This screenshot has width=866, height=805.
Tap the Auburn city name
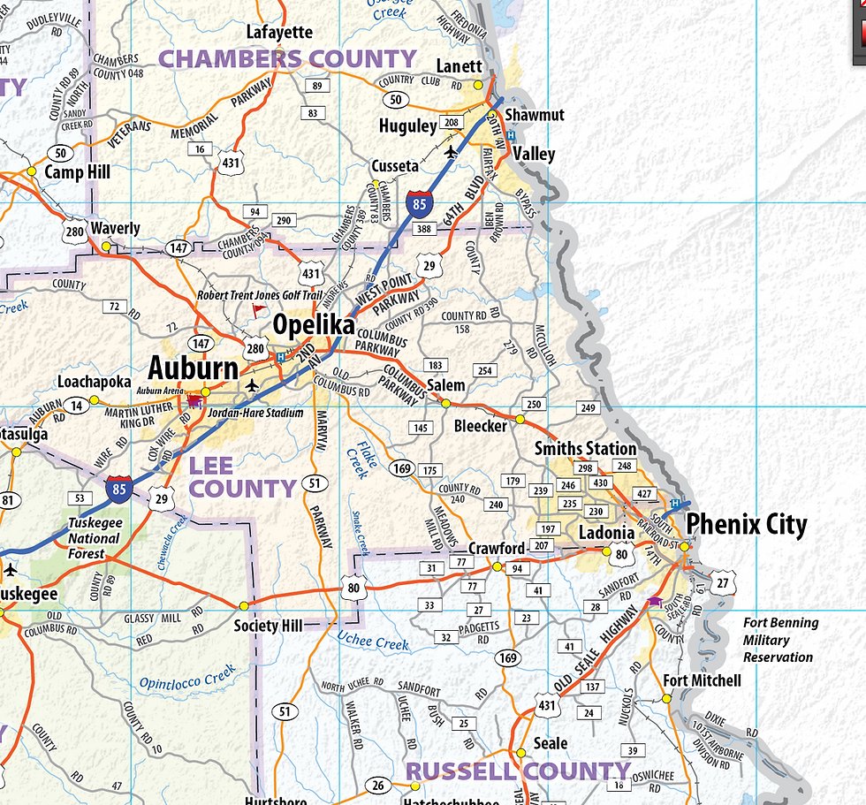point(193,368)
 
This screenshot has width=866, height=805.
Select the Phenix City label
point(747,525)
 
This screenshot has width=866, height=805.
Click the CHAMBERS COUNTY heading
point(286,59)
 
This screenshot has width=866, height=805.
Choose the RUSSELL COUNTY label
point(518,771)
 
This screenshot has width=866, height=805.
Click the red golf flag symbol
point(258,311)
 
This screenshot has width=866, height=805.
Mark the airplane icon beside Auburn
point(254,385)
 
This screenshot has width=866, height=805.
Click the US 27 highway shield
point(724,583)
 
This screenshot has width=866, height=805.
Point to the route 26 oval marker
point(377,786)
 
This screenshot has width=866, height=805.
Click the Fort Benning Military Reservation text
point(779,640)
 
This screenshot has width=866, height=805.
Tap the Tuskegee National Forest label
point(94,538)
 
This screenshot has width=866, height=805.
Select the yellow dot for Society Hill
point(243,606)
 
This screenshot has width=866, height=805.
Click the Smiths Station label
point(585,449)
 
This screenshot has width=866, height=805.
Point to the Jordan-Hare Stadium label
point(255,413)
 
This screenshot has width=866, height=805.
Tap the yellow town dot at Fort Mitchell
point(667,697)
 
